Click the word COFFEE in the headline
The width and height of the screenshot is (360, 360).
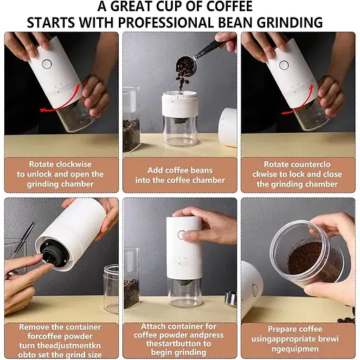click(226, 6)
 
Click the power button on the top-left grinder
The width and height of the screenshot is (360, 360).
click(46, 64)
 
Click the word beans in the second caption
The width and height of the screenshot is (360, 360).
click(202, 170)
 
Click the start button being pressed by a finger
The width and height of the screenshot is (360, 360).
click(181, 235)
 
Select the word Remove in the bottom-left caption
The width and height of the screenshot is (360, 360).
click(33, 327)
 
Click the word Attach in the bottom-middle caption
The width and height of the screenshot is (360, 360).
click(153, 326)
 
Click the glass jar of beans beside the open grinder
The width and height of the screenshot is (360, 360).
click(131, 119)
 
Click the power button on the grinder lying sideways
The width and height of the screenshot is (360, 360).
click(255, 290)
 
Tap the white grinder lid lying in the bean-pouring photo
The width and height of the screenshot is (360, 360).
click(227, 128)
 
